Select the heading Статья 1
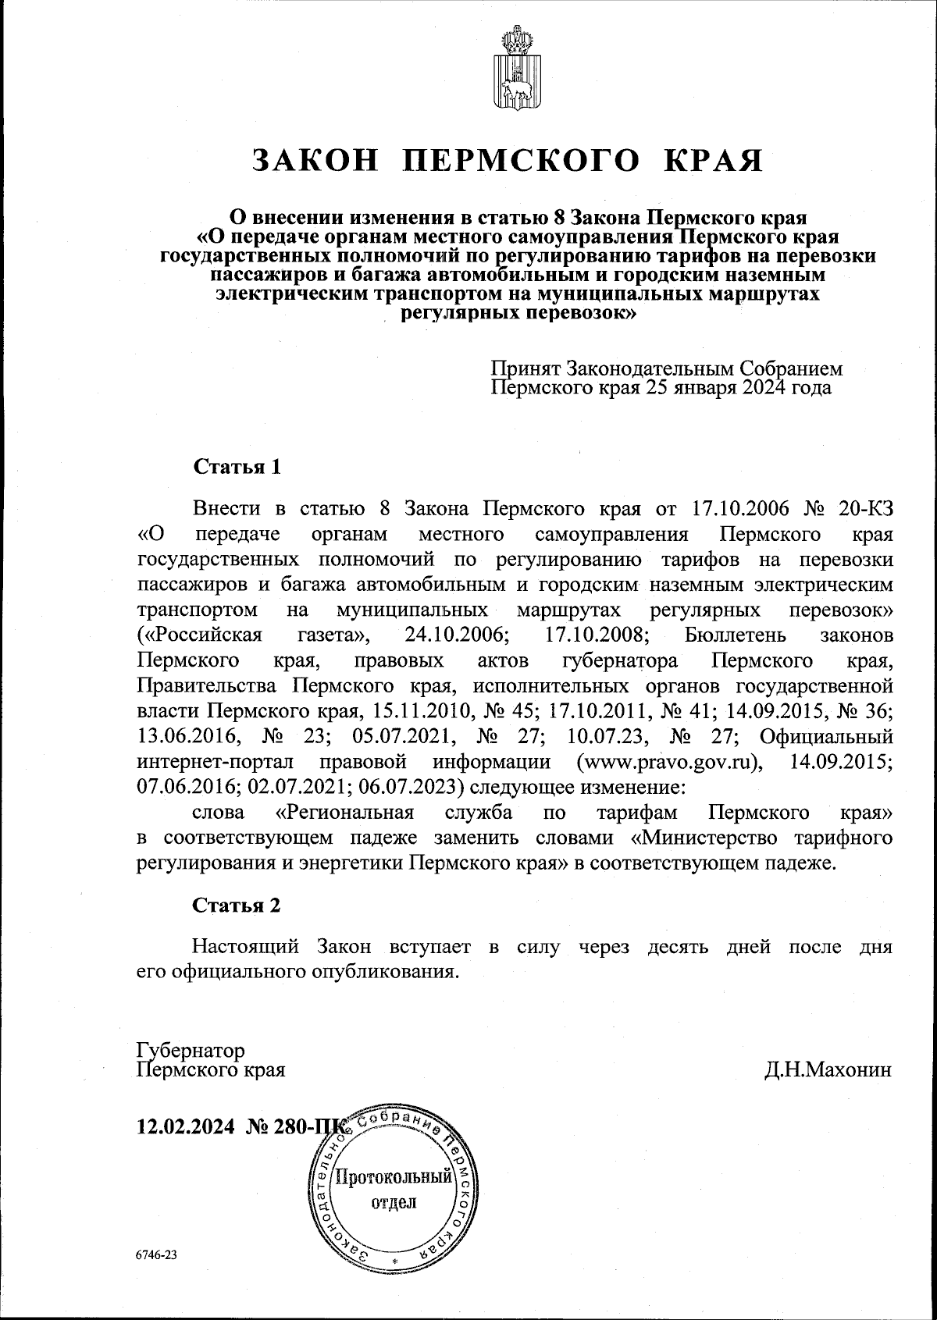tap(237, 467)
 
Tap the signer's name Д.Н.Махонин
tap(828, 1069)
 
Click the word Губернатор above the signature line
tap(191, 1049)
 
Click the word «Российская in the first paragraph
tap(199, 635)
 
